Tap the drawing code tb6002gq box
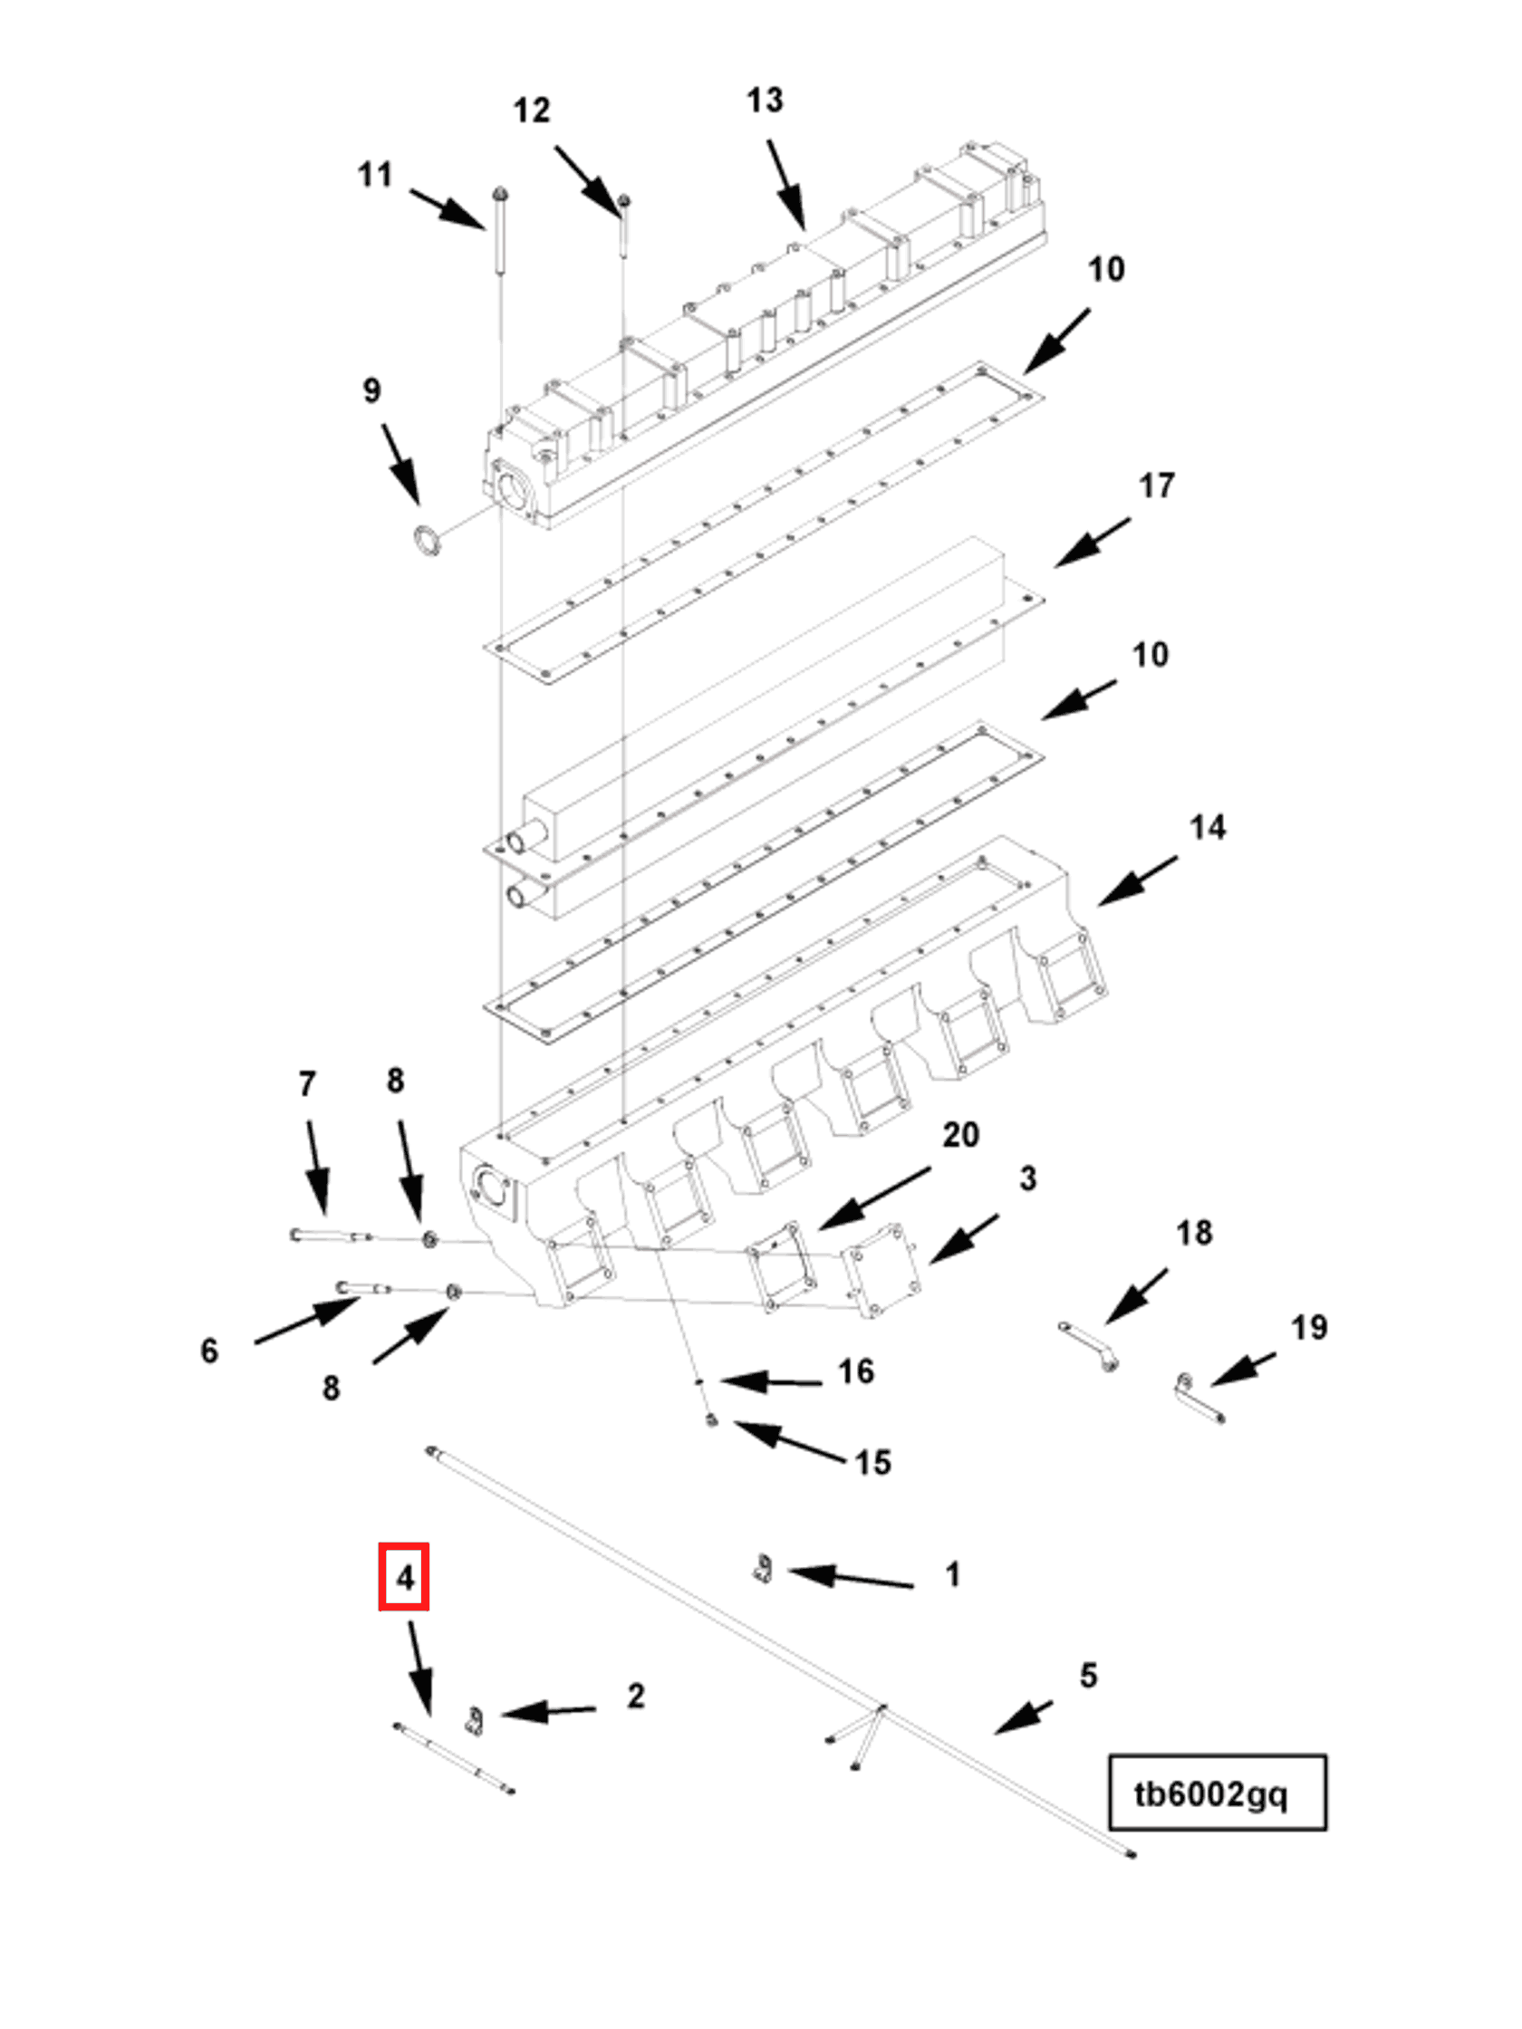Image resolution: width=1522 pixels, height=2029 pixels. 1216,1793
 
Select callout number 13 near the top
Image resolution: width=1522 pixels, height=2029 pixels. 765,101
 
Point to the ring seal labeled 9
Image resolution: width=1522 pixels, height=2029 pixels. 425,540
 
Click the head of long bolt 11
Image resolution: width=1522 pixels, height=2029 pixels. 500,196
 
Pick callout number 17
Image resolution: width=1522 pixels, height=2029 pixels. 1156,486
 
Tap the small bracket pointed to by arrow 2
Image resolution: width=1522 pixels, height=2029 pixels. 474,1721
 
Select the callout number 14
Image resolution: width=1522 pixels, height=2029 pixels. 1207,828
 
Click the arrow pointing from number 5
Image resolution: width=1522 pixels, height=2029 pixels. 1024,1716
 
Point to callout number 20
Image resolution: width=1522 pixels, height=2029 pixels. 960,1136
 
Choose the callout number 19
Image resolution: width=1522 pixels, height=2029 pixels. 1308,1327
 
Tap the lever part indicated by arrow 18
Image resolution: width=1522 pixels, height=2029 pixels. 1089,1346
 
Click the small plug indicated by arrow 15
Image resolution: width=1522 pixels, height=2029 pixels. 713,1421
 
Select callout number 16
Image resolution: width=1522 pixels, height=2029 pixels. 855,1372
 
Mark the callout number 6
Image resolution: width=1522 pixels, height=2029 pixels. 209,1351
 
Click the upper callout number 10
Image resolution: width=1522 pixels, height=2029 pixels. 1105,270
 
